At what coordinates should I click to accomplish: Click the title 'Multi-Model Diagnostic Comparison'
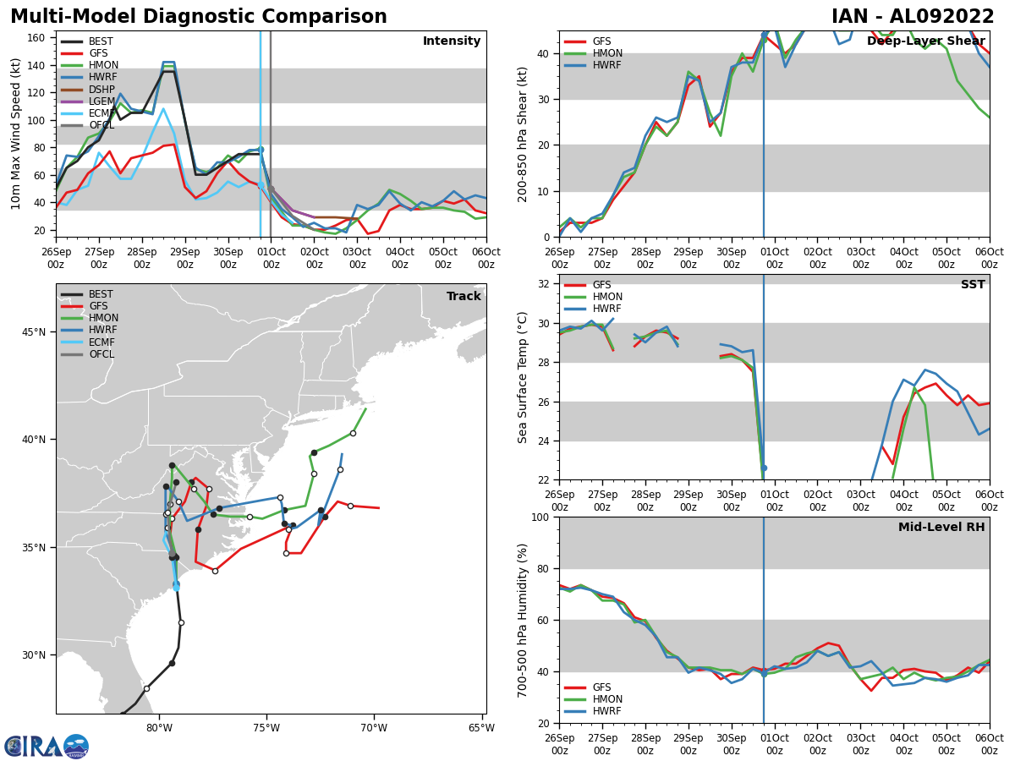199,16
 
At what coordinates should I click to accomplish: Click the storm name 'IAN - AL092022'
913,16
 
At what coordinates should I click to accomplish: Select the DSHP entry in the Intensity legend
88,89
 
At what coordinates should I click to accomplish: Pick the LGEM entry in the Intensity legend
88,101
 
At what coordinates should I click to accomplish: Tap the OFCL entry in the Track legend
87,354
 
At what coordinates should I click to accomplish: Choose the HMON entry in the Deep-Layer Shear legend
593,53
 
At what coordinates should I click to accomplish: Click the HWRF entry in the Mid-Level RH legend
593,711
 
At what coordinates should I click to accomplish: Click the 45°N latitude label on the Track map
34,332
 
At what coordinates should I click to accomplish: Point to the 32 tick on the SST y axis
544,284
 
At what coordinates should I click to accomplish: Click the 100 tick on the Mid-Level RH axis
541,517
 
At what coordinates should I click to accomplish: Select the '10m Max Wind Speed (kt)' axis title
15,134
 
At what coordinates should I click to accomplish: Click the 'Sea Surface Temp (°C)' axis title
522,377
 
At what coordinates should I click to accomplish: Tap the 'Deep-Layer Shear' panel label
925,41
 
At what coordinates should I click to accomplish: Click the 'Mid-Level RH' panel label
941,527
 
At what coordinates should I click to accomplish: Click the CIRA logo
47,747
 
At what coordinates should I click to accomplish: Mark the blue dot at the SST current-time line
764,468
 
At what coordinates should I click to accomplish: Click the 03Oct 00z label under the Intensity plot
358,258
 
